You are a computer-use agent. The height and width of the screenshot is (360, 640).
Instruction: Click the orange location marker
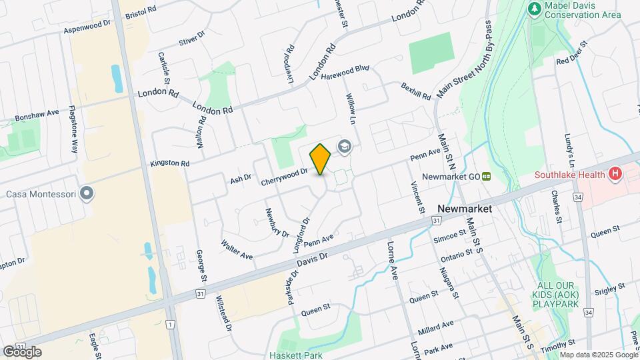tap(320, 159)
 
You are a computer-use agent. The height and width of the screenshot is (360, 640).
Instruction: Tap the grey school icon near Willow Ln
tap(345, 147)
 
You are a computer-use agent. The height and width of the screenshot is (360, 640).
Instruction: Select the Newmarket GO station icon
tap(487, 177)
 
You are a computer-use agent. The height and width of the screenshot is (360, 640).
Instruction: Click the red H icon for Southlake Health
tap(615, 175)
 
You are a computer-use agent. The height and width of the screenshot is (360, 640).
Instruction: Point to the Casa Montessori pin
tap(87, 194)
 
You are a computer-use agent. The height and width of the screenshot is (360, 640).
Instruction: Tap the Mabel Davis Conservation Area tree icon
tap(533, 9)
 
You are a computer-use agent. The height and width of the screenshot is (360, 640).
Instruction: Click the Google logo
tap(22, 351)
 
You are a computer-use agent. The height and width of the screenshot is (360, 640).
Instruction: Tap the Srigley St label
tap(610, 289)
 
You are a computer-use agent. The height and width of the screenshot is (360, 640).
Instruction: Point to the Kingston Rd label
tap(170, 163)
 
